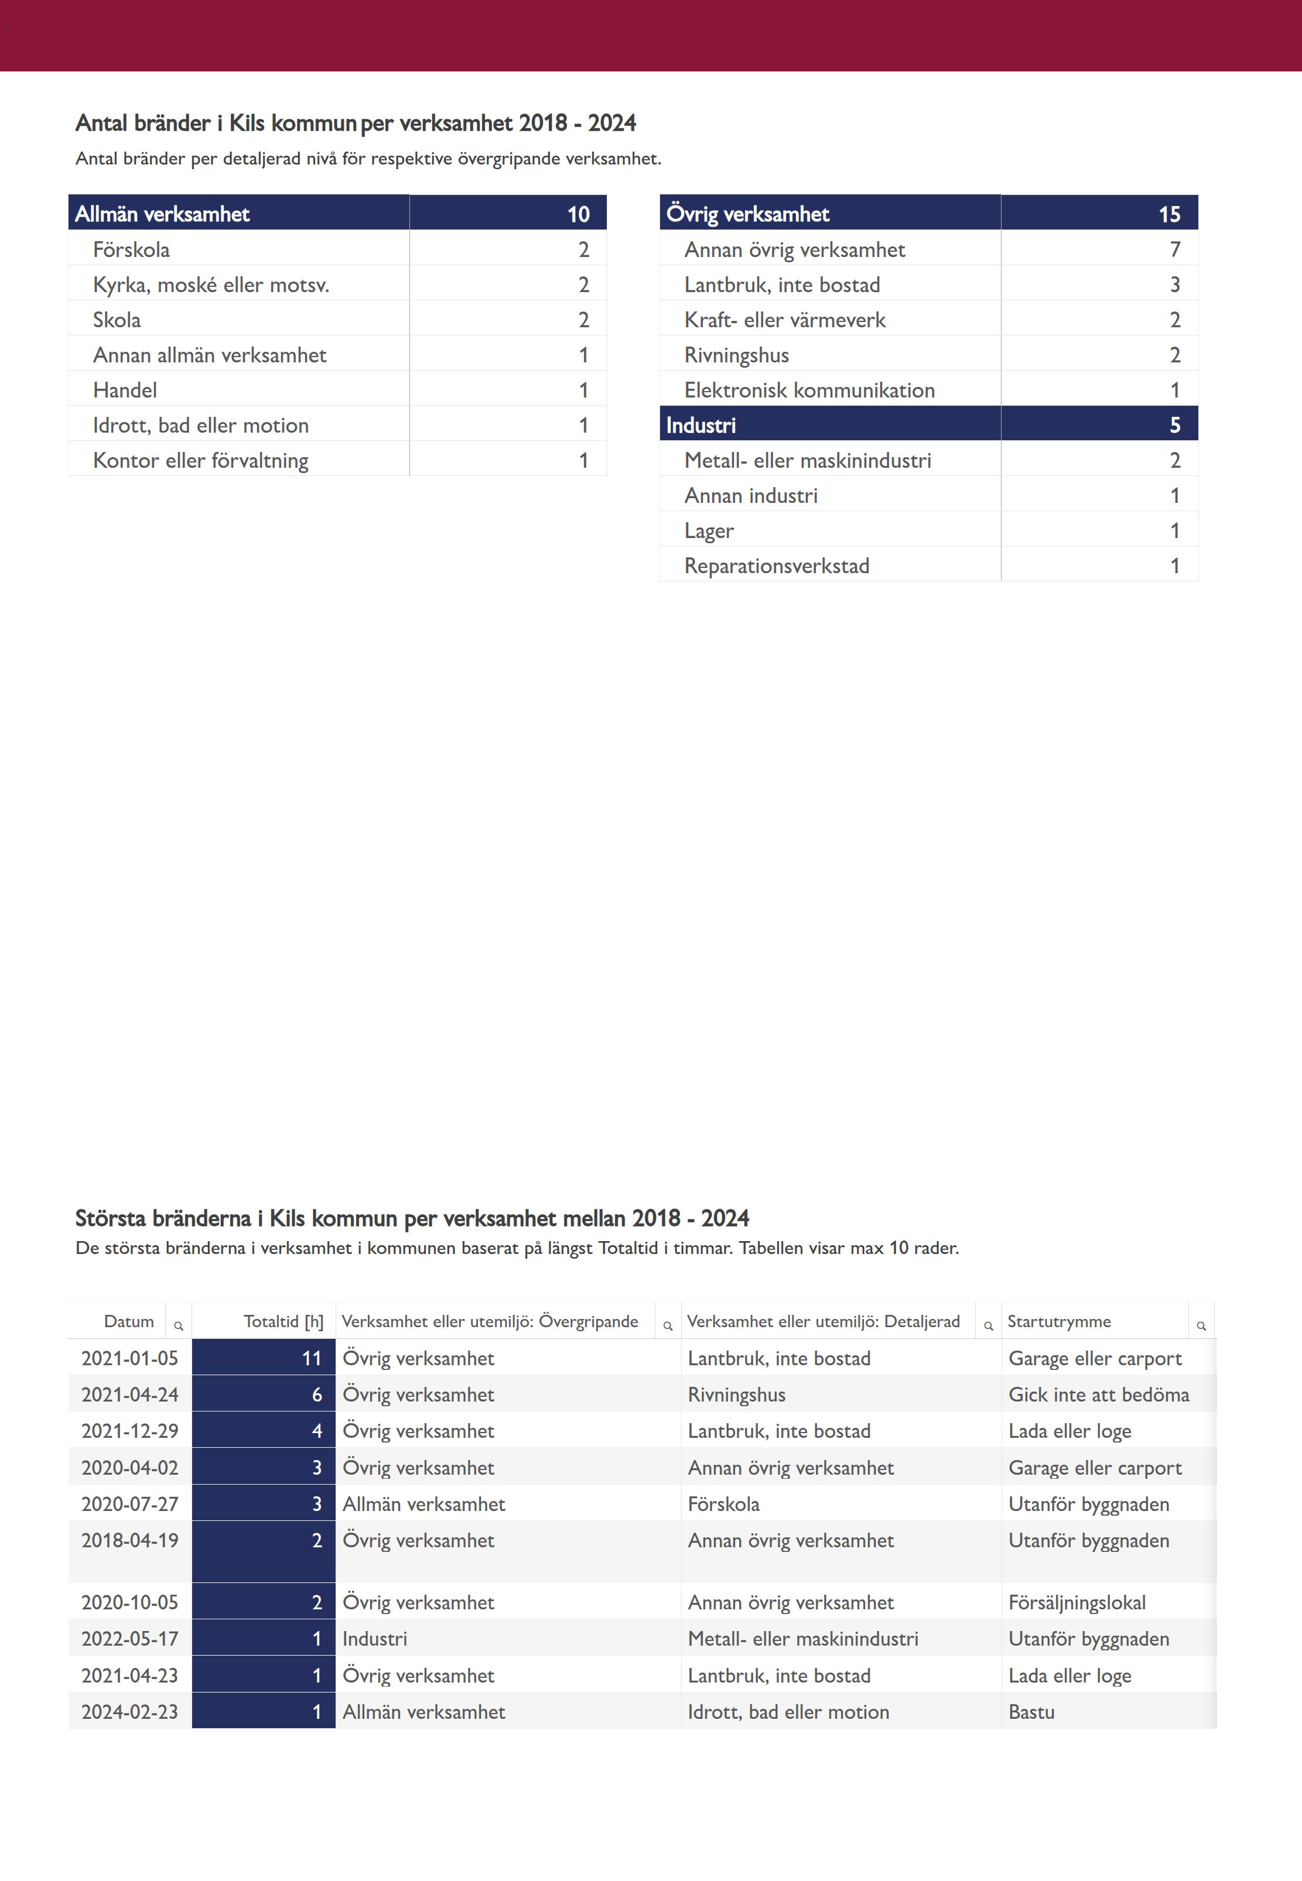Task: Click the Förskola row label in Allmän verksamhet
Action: [x=131, y=249]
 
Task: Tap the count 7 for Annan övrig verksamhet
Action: [x=1175, y=249]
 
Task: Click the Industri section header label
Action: [x=700, y=425]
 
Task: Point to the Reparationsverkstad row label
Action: [x=777, y=566]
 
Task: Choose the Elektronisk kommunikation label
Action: [x=809, y=390]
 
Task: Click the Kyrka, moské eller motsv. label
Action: [x=210, y=285]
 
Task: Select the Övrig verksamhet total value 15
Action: [x=1169, y=214]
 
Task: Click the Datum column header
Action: [x=129, y=1321]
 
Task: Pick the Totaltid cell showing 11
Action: [x=312, y=1358]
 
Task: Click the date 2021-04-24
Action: [x=129, y=1395]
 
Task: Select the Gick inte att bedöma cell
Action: [x=1098, y=1395]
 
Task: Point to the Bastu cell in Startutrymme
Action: [x=1031, y=1711]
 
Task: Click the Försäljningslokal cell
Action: [x=1077, y=1602]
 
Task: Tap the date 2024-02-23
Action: [x=129, y=1711]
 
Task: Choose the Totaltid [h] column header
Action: [x=283, y=1321]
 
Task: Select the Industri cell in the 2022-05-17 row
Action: [x=374, y=1639]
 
